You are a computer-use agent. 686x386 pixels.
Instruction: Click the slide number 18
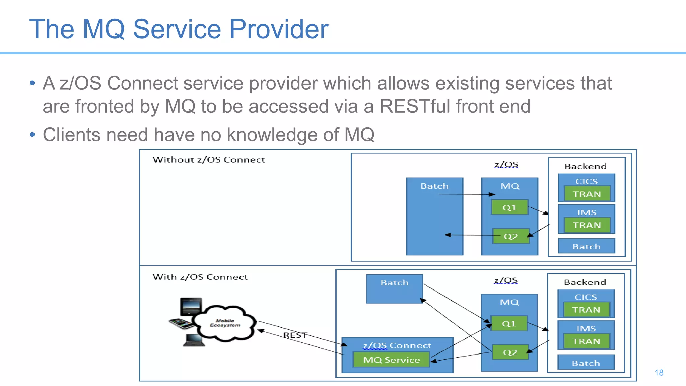click(659, 373)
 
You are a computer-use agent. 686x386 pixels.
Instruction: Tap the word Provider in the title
click(279, 29)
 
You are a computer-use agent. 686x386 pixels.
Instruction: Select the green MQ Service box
click(391, 360)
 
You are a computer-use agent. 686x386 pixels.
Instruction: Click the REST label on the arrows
click(295, 335)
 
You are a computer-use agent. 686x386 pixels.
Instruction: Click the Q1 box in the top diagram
click(509, 208)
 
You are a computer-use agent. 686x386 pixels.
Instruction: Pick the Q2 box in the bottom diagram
click(510, 352)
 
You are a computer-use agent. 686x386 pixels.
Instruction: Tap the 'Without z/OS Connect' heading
click(209, 160)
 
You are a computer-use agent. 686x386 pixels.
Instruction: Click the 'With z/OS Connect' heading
click(200, 277)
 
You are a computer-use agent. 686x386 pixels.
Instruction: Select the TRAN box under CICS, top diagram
click(587, 194)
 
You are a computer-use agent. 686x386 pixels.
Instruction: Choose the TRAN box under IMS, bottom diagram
click(586, 341)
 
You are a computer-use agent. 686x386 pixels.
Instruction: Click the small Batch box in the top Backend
click(586, 247)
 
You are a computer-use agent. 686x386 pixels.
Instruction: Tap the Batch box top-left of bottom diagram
click(394, 288)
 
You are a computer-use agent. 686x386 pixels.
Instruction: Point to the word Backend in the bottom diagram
click(585, 282)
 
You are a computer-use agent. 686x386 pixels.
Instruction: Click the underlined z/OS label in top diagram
click(506, 165)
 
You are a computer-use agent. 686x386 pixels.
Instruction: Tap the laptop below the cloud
click(194, 340)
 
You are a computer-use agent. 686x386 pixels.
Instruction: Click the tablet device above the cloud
click(191, 306)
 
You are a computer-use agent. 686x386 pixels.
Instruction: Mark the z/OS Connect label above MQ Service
click(397, 345)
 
